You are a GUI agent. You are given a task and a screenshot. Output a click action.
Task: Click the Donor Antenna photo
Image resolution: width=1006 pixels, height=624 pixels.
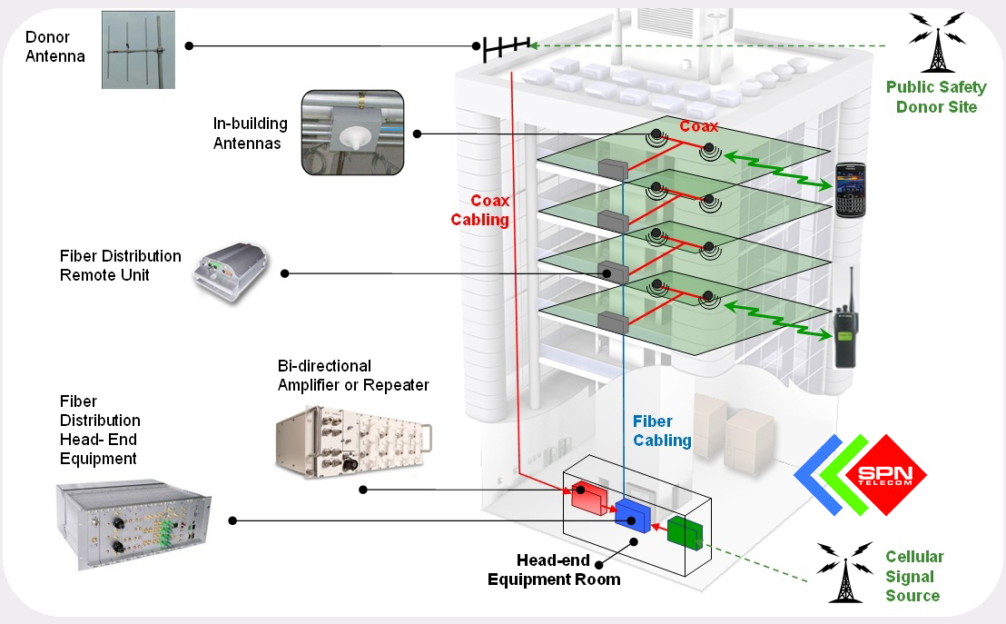(x=139, y=49)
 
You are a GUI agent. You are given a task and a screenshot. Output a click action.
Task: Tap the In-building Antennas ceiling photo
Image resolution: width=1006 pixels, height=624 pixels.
(x=353, y=133)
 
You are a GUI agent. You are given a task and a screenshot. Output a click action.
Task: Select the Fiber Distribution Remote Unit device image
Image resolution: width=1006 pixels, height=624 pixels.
(x=231, y=272)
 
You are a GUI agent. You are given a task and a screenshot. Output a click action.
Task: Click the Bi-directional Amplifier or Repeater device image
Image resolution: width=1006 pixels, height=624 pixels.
(x=353, y=442)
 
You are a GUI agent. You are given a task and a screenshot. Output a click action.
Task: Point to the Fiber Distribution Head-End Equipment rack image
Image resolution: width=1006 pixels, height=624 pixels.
(x=133, y=524)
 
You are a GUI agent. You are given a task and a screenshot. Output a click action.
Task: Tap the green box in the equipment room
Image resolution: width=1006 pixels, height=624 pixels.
(x=685, y=533)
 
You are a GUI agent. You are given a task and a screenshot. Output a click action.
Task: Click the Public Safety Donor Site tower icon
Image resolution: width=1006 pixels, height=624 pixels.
(x=937, y=42)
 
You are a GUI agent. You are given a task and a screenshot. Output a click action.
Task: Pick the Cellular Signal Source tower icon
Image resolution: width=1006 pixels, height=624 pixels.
(x=845, y=572)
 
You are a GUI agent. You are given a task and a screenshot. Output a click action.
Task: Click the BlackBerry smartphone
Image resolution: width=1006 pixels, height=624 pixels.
(x=851, y=190)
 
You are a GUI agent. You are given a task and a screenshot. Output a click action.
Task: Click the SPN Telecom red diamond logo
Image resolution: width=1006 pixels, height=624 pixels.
(x=886, y=475)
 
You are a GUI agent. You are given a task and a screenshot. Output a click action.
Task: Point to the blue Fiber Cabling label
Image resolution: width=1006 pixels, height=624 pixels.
(x=662, y=431)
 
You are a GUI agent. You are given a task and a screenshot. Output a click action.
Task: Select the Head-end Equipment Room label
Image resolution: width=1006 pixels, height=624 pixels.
(x=555, y=570)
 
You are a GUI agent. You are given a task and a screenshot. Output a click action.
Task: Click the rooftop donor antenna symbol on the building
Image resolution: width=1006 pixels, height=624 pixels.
(x=507, y=48)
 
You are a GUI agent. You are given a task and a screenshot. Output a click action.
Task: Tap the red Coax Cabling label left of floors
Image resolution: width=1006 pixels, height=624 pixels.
(x=480, y=210)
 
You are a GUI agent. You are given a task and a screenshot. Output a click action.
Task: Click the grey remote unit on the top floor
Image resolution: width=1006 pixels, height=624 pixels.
(x=613, y=170)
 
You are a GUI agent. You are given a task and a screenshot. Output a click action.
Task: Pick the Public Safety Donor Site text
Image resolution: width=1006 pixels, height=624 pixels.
(x=937, y=97)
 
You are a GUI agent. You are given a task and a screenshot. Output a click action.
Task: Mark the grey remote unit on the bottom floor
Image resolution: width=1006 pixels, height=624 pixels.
(x=613, y=322)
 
